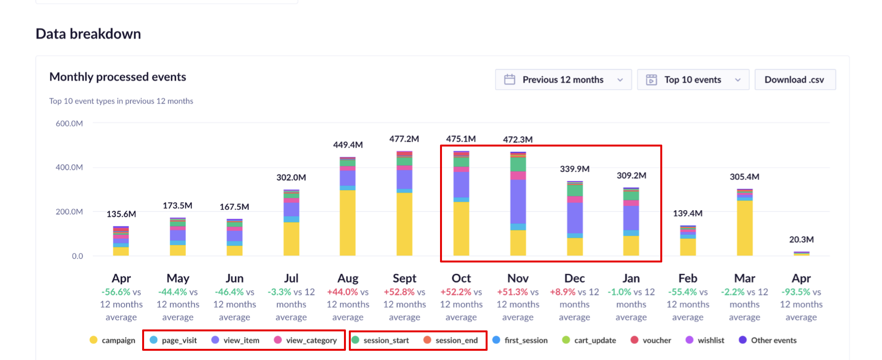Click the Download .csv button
pyautogui.click(x=795, y=80)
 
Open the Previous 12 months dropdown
pyautogui.click(x=563, y=80)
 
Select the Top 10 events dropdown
pyautogui.click(x=693, y=80)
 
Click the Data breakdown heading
pyautogui.click(x=88, y=34)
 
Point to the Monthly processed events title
pyautogui.click(x=118, y=77)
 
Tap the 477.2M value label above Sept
pyautogui.click(x=404, y=139)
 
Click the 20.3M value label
pyautogui.click(x=801, y=240)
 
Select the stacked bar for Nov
pyautogui.click(x=518, y=204)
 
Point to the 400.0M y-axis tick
pyautogui.click(x=69, y=167)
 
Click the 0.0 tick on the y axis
pyautogui.click(x=78, y=256)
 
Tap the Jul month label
pyautogui.click(x=291, y=278)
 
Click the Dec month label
pyautogui.click(x=574, y=278)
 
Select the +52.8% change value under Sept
pyautogui.click(x=399, y=292)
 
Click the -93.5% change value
pyautogui.click(x=796, y=292)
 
